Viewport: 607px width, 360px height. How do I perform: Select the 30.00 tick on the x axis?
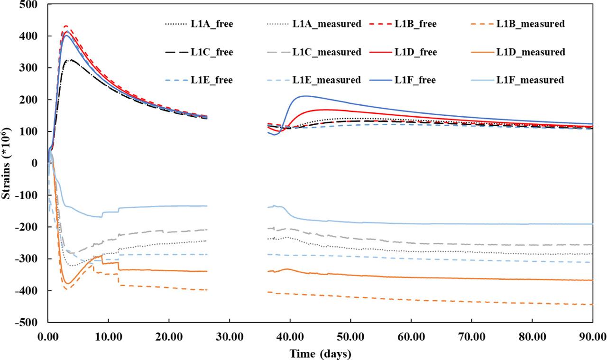coord(230,337)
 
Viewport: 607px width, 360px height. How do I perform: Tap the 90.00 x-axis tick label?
coord(593,337)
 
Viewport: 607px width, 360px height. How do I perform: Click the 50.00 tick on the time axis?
coord(350,337)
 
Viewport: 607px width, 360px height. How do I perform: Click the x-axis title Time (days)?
coord(321,353)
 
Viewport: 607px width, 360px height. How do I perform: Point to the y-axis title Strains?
coord(7,163)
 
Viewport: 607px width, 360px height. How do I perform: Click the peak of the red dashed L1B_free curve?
coord(66,26)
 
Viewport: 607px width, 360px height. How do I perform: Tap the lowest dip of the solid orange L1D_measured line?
coord(68,284)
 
